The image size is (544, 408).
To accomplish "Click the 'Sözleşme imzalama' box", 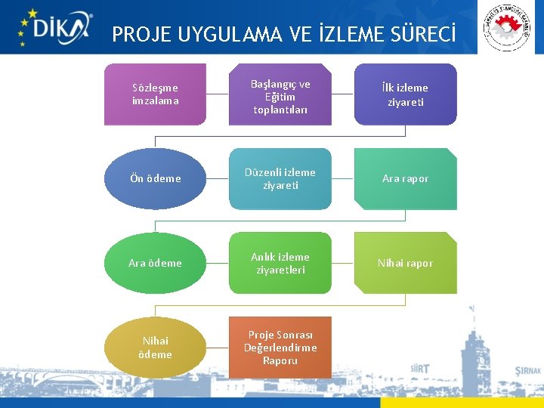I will pos(155,94).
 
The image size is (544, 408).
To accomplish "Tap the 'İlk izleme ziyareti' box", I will pos(406,94).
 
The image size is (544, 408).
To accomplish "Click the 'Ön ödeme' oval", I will pos(155,178).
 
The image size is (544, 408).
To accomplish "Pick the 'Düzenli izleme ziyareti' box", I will pos(280,178).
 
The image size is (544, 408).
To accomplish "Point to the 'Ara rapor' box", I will pos(406,178).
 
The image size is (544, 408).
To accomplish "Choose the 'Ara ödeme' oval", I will pos(155,263).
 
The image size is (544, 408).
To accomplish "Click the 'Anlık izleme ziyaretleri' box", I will pos(280,263).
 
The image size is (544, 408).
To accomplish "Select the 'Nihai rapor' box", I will pos(406,263).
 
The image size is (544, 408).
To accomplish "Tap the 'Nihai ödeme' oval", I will pos(155,348).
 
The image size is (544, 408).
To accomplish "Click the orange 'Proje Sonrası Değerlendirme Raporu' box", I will pos(280,348).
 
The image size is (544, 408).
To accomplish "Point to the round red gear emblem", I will pos(507,28).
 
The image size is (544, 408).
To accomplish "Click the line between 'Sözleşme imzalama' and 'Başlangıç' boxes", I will pos(218,94).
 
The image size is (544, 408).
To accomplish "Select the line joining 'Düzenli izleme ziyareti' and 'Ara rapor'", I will pos(343,178).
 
